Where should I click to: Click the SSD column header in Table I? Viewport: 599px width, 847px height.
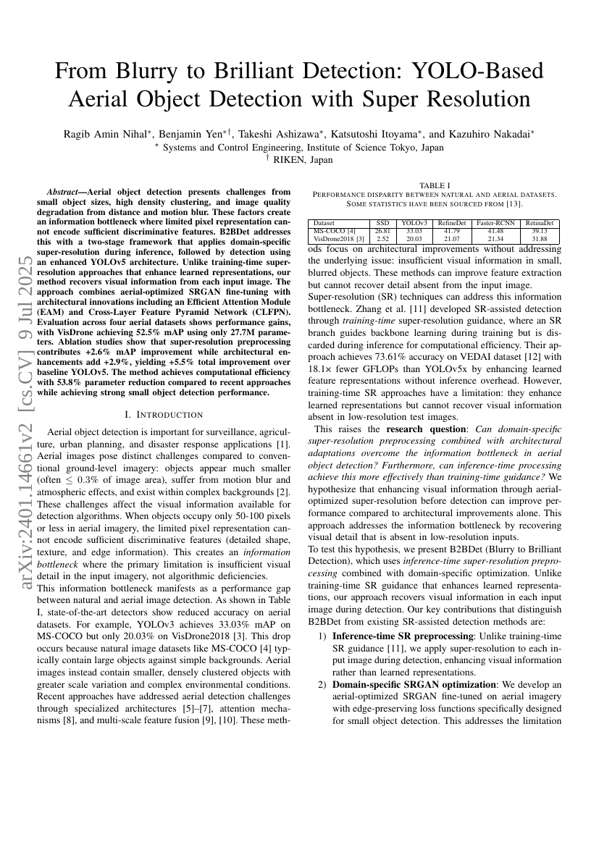[382, 224]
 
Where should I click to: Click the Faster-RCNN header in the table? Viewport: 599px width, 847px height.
[495, 224]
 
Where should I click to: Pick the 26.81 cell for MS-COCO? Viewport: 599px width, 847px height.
[382, 230]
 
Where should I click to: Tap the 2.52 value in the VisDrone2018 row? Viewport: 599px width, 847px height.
[382, 237]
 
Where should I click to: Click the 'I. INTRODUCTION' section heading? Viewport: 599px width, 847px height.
[163, 415]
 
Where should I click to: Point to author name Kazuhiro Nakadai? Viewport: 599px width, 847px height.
[500, 133]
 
